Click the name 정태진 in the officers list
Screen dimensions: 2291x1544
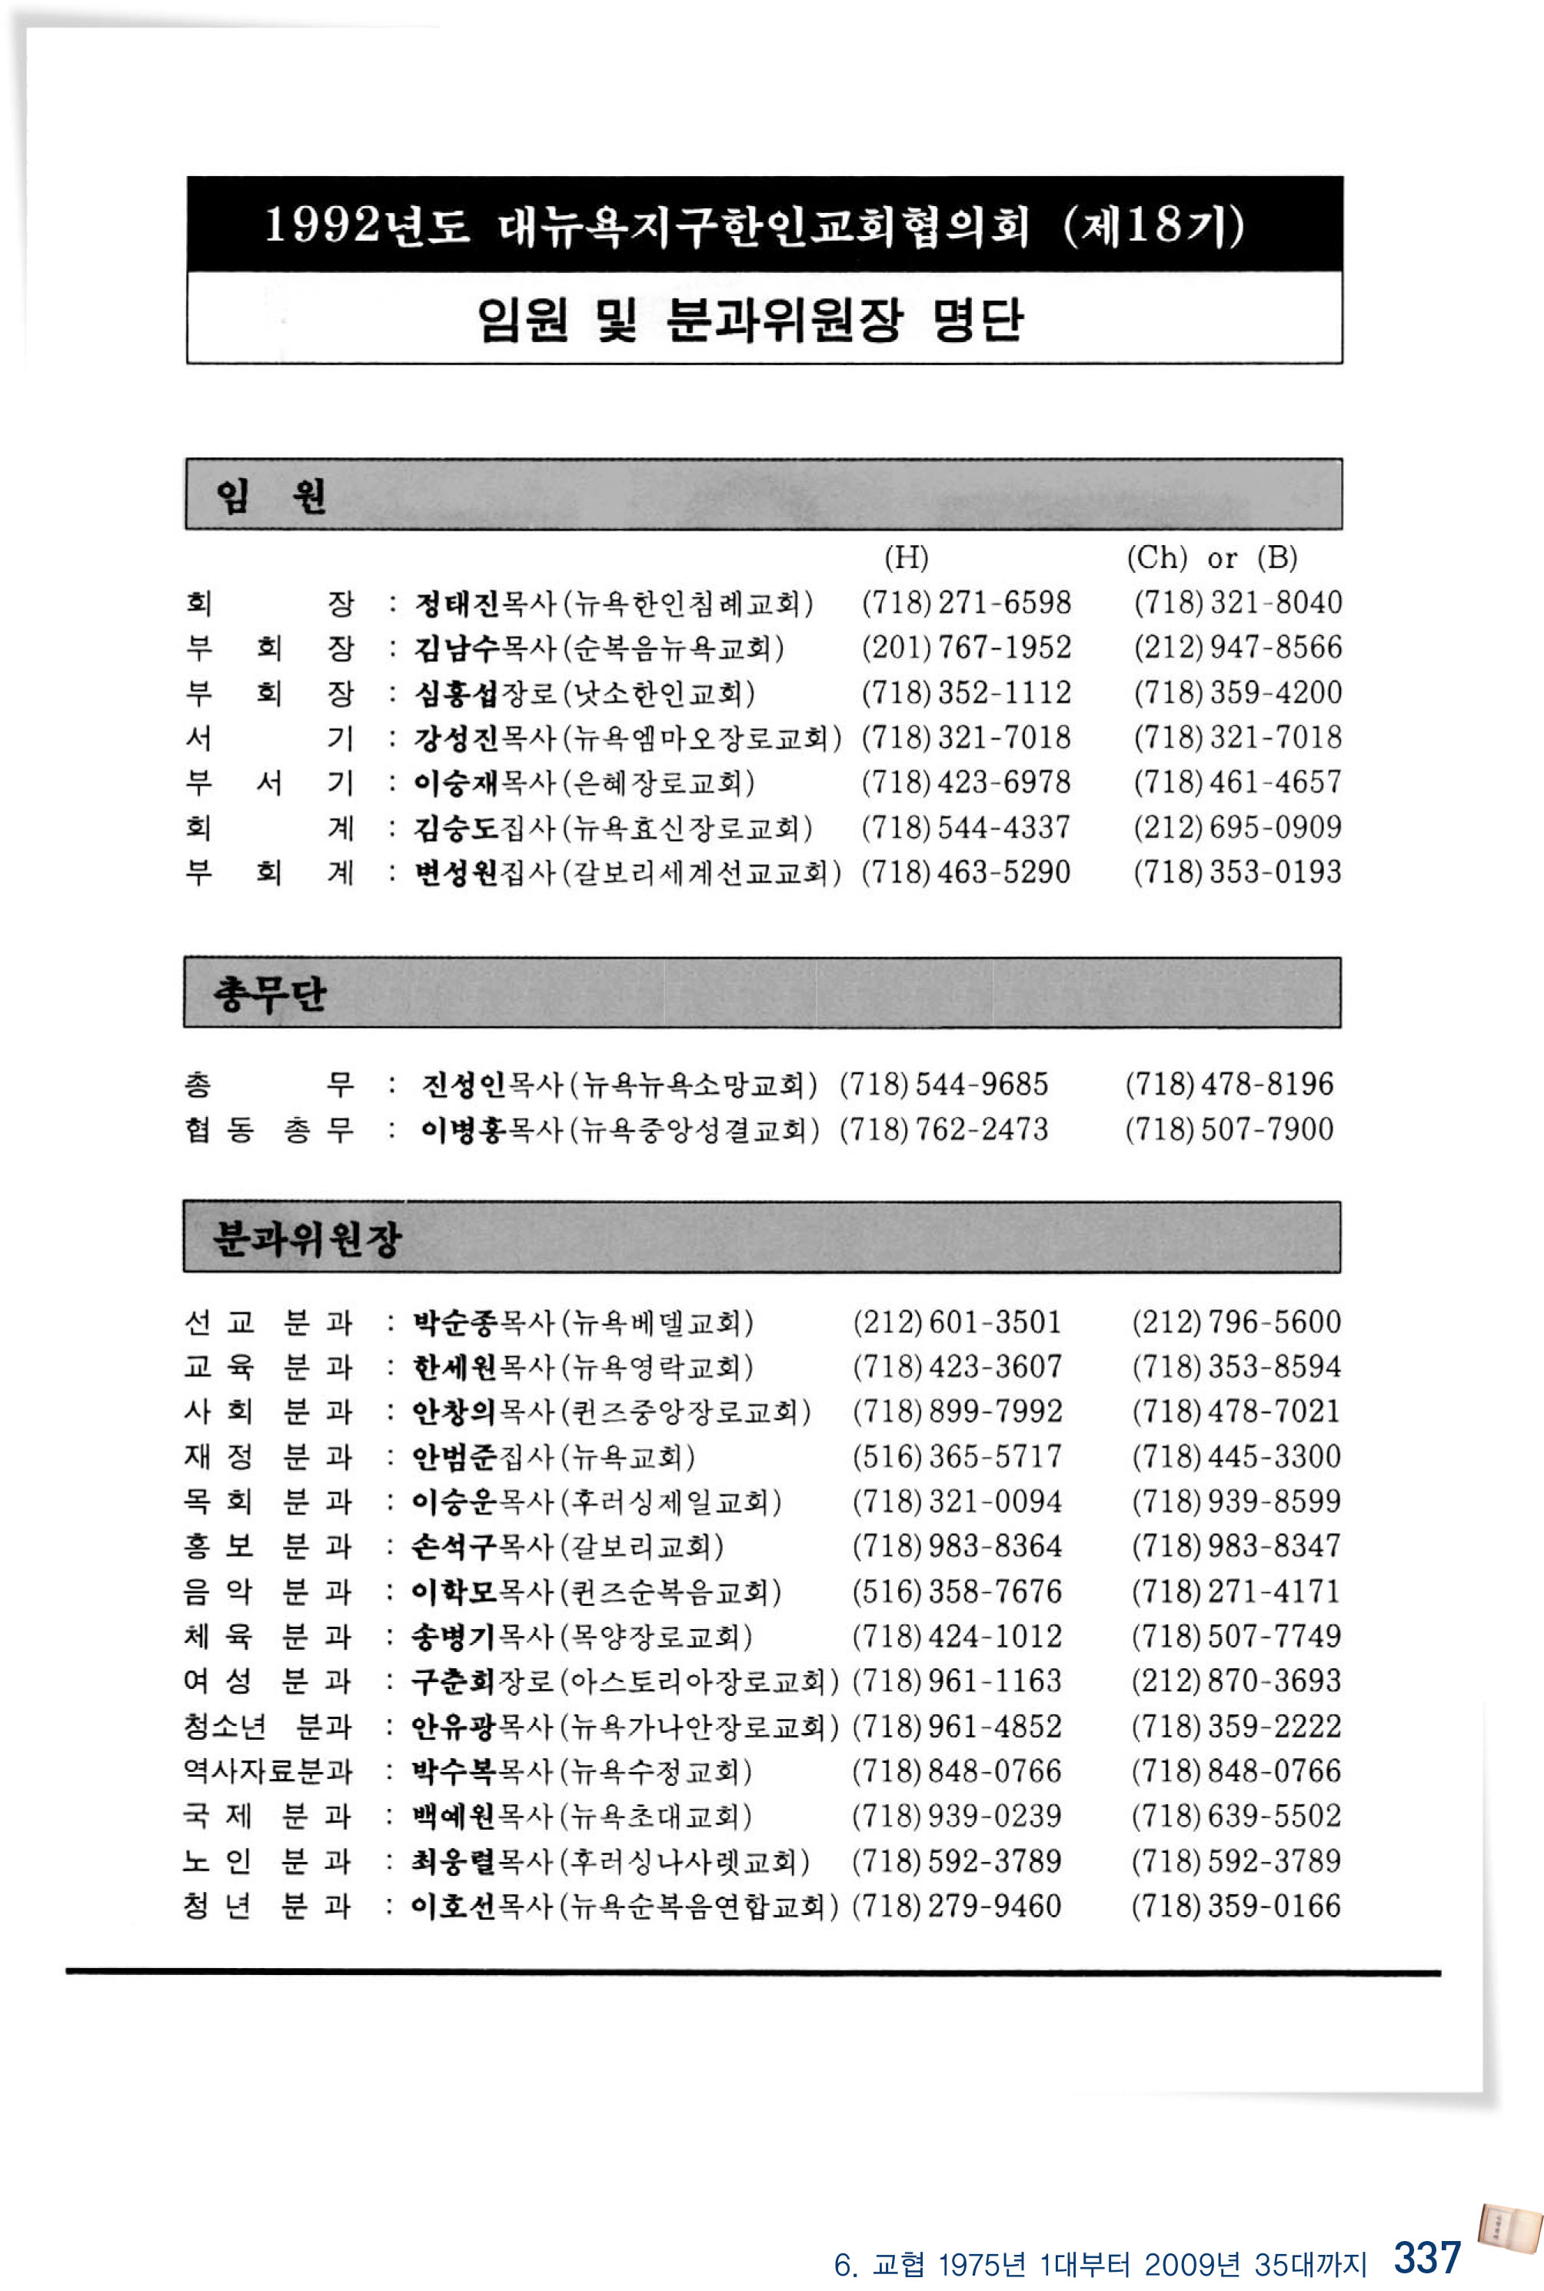(457, 603)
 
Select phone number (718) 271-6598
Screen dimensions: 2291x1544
(966, 603)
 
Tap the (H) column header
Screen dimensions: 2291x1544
(906, 557)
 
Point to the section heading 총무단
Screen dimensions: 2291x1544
(269, 994)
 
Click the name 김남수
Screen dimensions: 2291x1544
(457, 648)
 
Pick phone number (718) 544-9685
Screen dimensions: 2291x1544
(943, 1084)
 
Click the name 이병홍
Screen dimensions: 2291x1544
(463, 1129)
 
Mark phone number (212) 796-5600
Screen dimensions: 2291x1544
(1236, 1322)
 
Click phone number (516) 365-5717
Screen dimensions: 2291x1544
(957, 1456)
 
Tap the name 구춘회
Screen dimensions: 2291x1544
(454, 1681)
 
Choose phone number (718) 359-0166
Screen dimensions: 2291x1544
(1236, 1906)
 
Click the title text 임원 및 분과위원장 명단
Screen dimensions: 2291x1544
(750, 319)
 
